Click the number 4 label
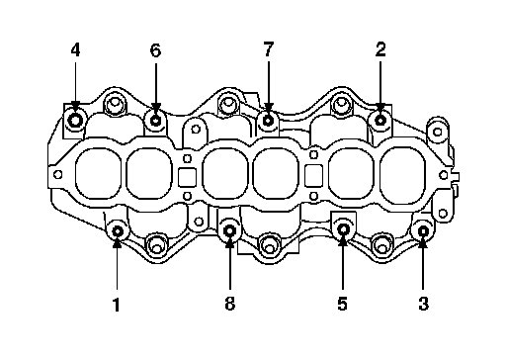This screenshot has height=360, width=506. click(x=75, y=50)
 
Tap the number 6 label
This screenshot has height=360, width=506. click(x=155, y=50)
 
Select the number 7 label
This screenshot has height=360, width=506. click(x=269, y=49)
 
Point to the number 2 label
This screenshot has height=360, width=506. click(x=380, y=49)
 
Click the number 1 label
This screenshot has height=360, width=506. click(x=117, y=305)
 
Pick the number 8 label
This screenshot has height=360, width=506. click(x=230, y=304)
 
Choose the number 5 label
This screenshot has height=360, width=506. click(x=343, y=304)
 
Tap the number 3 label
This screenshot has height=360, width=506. click(x=424, y=304)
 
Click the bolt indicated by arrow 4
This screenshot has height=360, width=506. click(x=75, y=121)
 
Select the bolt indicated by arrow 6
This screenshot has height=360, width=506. click(x=155, y=121)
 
